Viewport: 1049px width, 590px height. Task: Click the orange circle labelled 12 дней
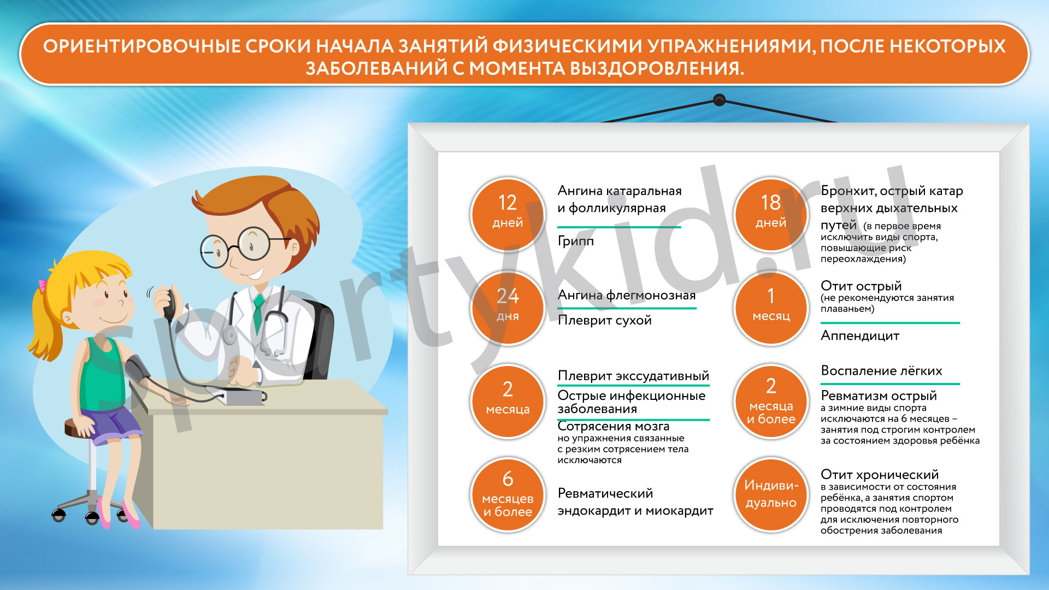(x=508, y=214)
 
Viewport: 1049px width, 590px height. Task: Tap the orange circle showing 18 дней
(x=771, y=214)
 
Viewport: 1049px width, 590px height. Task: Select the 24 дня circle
(x=508, y=308)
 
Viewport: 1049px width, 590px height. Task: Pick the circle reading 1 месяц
(x=771, y=308)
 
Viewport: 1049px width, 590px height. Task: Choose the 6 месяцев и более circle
(x=508, y=494)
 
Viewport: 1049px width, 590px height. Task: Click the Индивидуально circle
(x=771, y=494)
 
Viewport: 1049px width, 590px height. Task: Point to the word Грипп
(x=575, y=241)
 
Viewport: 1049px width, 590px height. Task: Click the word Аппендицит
(x=860, y=336)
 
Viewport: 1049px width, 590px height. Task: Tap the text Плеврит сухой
(x=604, y=320)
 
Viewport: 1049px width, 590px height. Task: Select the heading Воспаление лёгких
(x=881, y=371)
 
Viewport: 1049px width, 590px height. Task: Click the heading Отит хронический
(x=880, y=474)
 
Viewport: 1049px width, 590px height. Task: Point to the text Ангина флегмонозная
(x=627, y=296)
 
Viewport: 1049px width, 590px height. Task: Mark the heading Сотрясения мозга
(x=614, y=426)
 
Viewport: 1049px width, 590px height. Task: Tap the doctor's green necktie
(x=258, y=315)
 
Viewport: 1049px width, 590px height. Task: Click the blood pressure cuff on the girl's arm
(x=137, y=369)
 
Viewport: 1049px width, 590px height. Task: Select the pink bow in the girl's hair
(x=42, y=286)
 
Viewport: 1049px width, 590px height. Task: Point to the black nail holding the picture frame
(x=720, y=100)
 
